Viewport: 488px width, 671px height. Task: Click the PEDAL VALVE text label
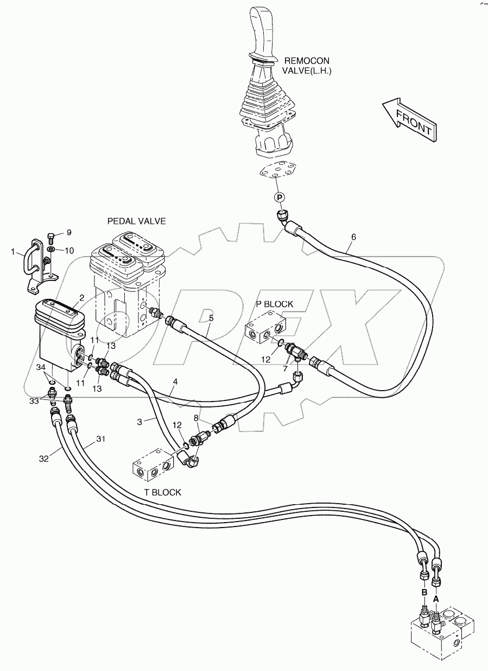pos(136,221)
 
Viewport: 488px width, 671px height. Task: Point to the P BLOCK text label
pos(274,304)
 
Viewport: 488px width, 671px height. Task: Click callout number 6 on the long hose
pos(353,237)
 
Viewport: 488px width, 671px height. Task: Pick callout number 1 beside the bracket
pos(13,252)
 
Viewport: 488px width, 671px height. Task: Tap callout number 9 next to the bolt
pos(68,233)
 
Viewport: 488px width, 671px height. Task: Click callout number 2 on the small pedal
pos(81,297)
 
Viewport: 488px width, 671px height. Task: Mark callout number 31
pos(100,440)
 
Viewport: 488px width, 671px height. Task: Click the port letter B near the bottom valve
pos(424,591)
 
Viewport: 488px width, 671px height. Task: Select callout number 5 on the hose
pos(211,318)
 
